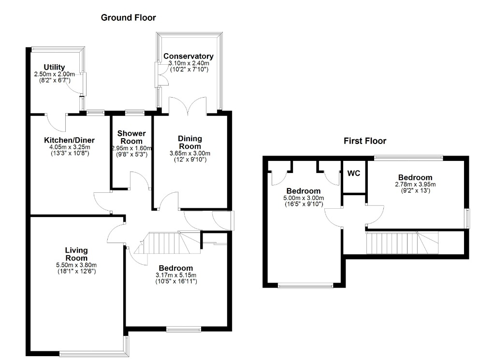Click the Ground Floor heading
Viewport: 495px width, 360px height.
coord(128,18)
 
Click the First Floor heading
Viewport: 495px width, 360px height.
coord(365,141)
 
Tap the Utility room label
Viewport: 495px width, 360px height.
coord(54,67)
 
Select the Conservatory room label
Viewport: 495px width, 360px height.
coord(189,56)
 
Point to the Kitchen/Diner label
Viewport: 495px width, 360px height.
coord(70,140)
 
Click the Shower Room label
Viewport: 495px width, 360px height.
coord(131,137)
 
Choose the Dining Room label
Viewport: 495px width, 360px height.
coord(189,142)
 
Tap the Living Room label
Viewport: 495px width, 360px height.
coord(76,254)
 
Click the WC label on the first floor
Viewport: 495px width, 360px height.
coord(353,173)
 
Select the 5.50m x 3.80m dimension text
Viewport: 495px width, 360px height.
coord(76,265)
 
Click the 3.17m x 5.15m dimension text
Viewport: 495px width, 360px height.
coord(176,275)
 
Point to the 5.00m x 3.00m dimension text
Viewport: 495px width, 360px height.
coord(304,198)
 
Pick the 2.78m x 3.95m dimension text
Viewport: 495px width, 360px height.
coord(415,184)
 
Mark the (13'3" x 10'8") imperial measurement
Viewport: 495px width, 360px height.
coord(70,153)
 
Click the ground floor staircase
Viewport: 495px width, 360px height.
coord(167,243)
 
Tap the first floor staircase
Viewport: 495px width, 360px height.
coord(402,243)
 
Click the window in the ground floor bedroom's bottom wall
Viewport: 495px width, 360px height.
coord(184,330)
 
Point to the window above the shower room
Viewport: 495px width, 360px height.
coord(135,112)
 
